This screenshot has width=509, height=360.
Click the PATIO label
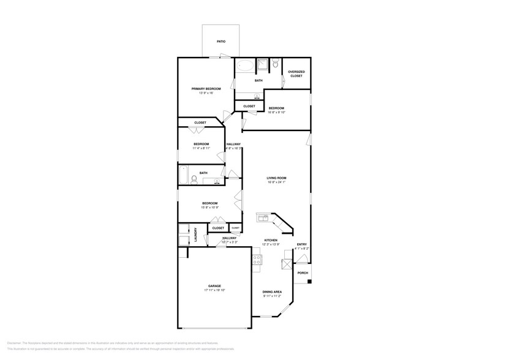(221, 42)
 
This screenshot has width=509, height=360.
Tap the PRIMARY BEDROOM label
(206, 89)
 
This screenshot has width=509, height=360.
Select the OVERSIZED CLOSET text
(296, 73)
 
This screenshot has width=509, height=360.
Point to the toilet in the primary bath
(275, 63)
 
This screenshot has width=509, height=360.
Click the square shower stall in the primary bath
(262, 64)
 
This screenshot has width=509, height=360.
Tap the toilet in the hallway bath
(194, 179)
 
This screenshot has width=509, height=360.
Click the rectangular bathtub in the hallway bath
(183, 176)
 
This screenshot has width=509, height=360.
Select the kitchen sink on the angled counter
(263, 218)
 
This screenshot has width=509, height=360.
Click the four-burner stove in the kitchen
(257, 260)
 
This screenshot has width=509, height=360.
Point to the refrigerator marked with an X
(286, 264)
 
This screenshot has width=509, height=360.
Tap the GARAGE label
(214, 286)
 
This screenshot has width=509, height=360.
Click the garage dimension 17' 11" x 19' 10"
(214, 291)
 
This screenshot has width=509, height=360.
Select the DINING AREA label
(272, 291)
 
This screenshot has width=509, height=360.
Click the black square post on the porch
(309, 282)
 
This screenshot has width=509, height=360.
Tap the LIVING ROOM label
(277, 178)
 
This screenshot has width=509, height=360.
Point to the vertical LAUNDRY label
(195, 234)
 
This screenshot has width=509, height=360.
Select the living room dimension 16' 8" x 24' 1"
(277, 182)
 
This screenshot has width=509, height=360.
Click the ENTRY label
(302, 244)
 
